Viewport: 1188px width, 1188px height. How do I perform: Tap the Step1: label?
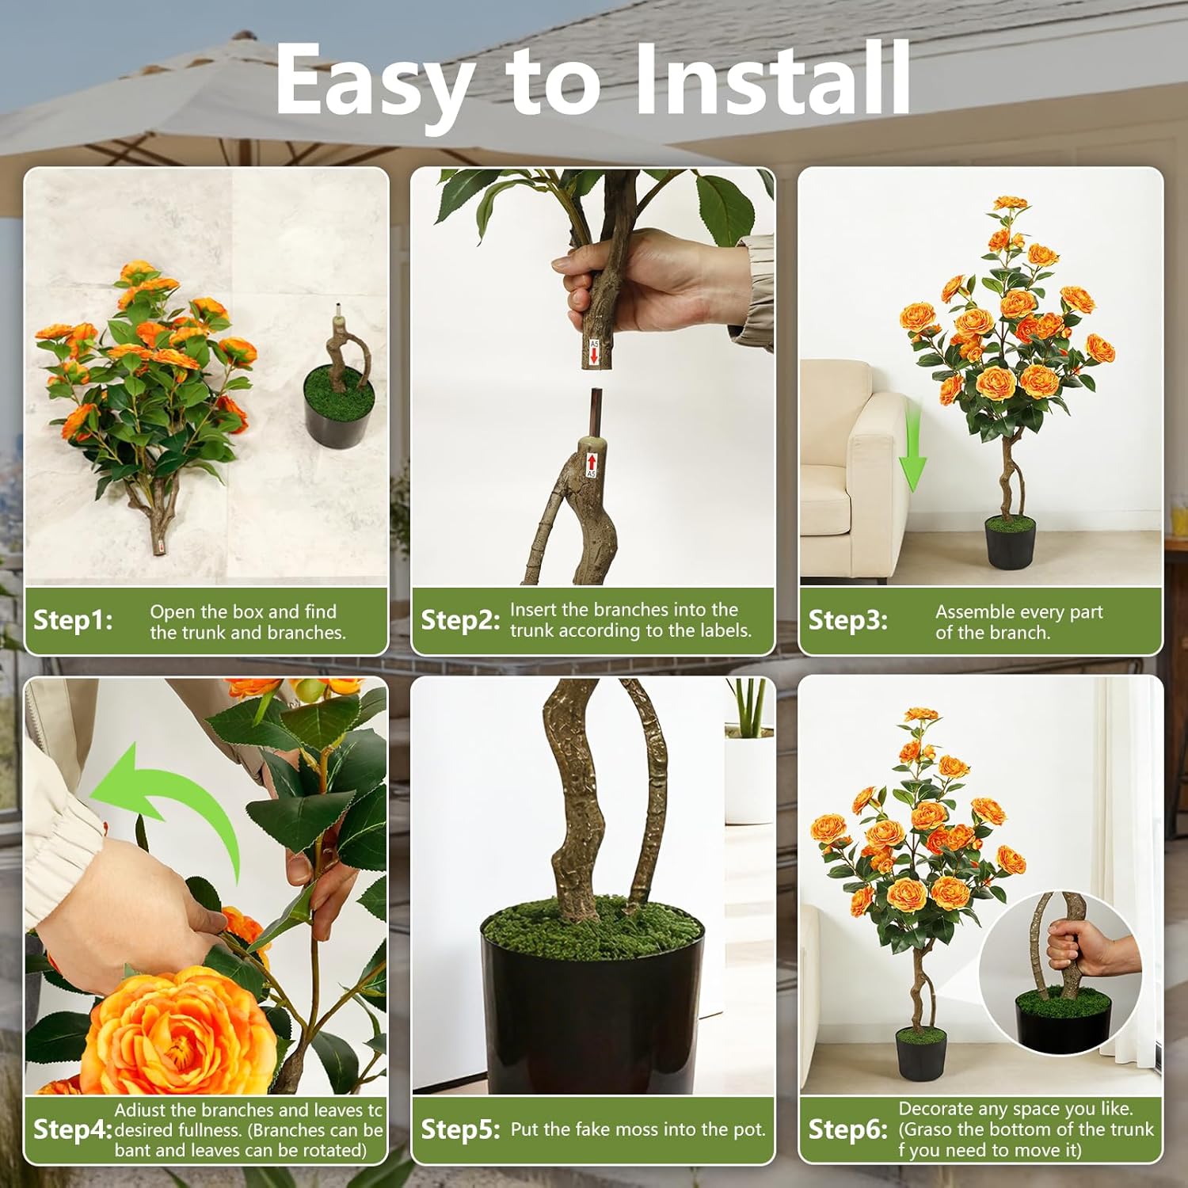click(73, 619)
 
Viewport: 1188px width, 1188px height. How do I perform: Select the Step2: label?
click(460, 619)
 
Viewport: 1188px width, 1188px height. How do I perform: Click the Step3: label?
click(847, 619)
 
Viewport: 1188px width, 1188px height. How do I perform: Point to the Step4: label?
click(73, 1129)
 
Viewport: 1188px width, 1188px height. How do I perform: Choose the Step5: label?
click(460, 1129)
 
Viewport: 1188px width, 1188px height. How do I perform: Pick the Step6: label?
click(847, 1129)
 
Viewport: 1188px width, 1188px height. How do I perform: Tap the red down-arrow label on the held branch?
click(594, 352)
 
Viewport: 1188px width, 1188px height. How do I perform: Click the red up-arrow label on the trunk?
click(591, 463)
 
